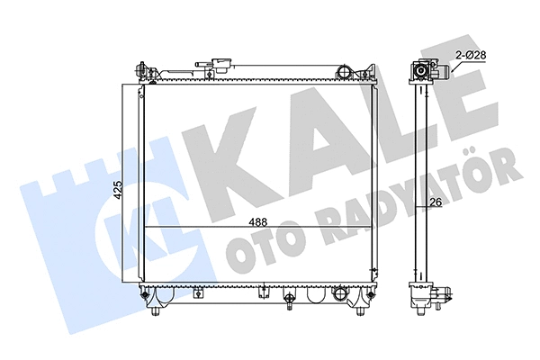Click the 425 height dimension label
coord(117,189)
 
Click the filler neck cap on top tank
coord(217,65)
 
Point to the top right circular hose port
coord(343,69)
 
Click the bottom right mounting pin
coord(362,310)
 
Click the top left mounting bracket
coord(141,70)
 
